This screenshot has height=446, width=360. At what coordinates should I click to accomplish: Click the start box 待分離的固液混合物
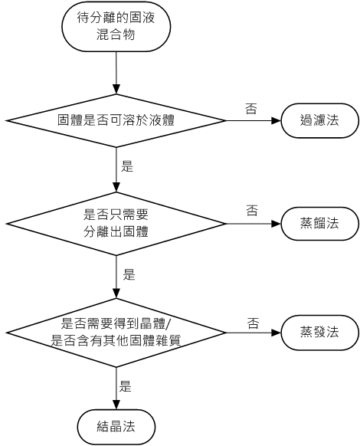pos(116,27)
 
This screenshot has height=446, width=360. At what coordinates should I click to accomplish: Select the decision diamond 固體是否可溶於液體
pos(116,120)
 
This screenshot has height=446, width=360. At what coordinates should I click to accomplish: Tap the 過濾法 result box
pos(320,120)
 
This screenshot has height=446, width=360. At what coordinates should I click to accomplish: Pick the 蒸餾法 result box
pos(320,224)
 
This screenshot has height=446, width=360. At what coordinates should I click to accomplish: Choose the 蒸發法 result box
pos(320,333)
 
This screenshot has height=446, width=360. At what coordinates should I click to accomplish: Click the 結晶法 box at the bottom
pos(116,427)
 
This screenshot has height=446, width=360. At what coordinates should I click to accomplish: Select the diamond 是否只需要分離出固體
pos(116,224)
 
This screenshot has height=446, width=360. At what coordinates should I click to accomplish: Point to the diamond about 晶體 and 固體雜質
pos(116,333)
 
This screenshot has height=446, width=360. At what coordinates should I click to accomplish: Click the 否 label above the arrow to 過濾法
pos(251,108)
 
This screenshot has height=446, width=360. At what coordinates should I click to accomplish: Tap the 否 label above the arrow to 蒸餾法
pos(252,211)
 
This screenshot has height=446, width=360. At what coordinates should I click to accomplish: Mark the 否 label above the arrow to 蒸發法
pos(253,323)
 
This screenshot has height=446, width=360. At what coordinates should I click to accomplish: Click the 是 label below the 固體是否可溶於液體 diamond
pos(127,166)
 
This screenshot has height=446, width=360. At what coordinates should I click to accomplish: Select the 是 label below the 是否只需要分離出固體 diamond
pos(129,274)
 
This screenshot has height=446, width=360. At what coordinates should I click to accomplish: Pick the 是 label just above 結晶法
pos(125,386)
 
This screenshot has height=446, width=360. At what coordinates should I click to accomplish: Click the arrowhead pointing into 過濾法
pos(277,120)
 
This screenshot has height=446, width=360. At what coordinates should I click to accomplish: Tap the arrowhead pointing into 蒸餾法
pos(277,224)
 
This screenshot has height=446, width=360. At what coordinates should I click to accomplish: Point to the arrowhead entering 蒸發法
pos(277,333)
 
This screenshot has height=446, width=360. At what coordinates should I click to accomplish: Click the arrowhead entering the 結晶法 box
pos(116,405)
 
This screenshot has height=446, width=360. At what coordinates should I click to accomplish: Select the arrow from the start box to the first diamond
pos(116,73)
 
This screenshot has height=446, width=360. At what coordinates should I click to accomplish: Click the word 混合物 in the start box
pos(116,35)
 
